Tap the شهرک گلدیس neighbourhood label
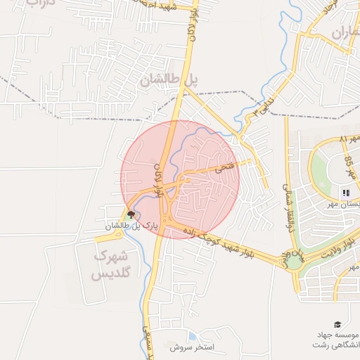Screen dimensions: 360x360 [117, 264]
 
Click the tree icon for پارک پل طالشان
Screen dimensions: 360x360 [130, 215]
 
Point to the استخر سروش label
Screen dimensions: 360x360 [195, 347]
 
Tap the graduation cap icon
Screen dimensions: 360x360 [338, 324]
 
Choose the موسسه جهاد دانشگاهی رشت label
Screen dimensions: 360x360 [336, 340]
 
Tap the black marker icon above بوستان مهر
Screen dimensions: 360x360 [345, 192]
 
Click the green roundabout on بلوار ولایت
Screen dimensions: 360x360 [293, 262]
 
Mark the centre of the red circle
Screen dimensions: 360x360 [180, 180]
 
